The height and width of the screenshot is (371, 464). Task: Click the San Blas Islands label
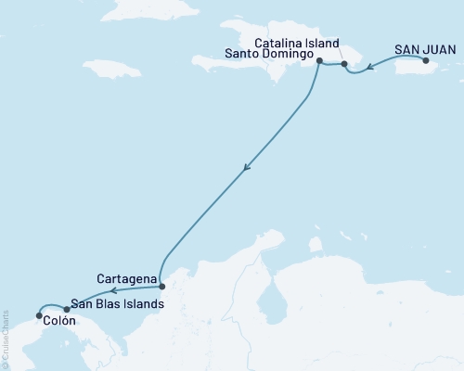118,303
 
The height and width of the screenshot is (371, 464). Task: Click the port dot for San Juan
426,61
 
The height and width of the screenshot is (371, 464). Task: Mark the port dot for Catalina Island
344,65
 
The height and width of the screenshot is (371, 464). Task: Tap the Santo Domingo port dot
319,61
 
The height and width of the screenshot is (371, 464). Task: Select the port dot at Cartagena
161,286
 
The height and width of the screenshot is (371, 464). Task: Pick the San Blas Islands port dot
66,309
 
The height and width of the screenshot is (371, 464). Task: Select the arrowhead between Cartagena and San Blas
116,291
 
